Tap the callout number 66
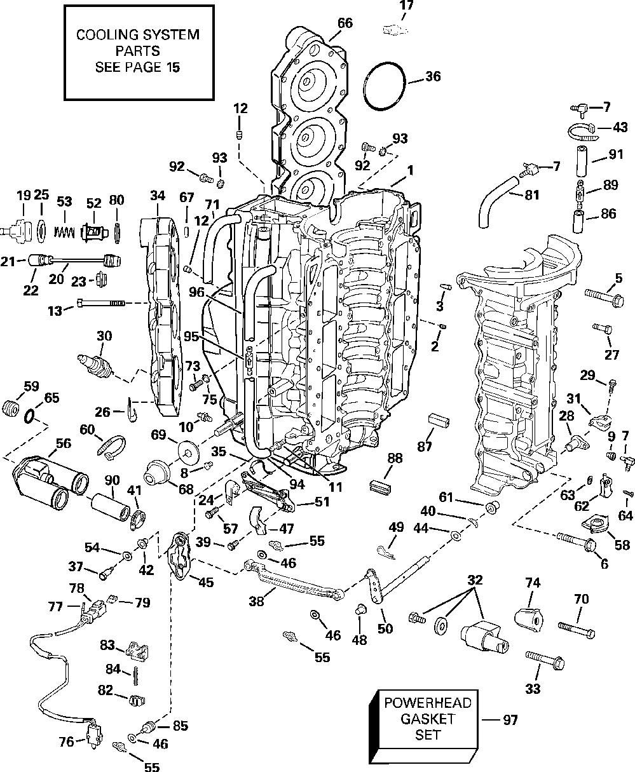pyautogui.click(x=345, y=23)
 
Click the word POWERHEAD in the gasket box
pyautogui.click(x=427, y=703)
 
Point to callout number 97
pyautogui.click(x=509, y=720)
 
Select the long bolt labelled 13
pyautogui.click(x=101, y=304)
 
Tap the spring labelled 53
pyautogui.click(x=64, y=227)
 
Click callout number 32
pyautogui.click(x=474, y=579)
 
